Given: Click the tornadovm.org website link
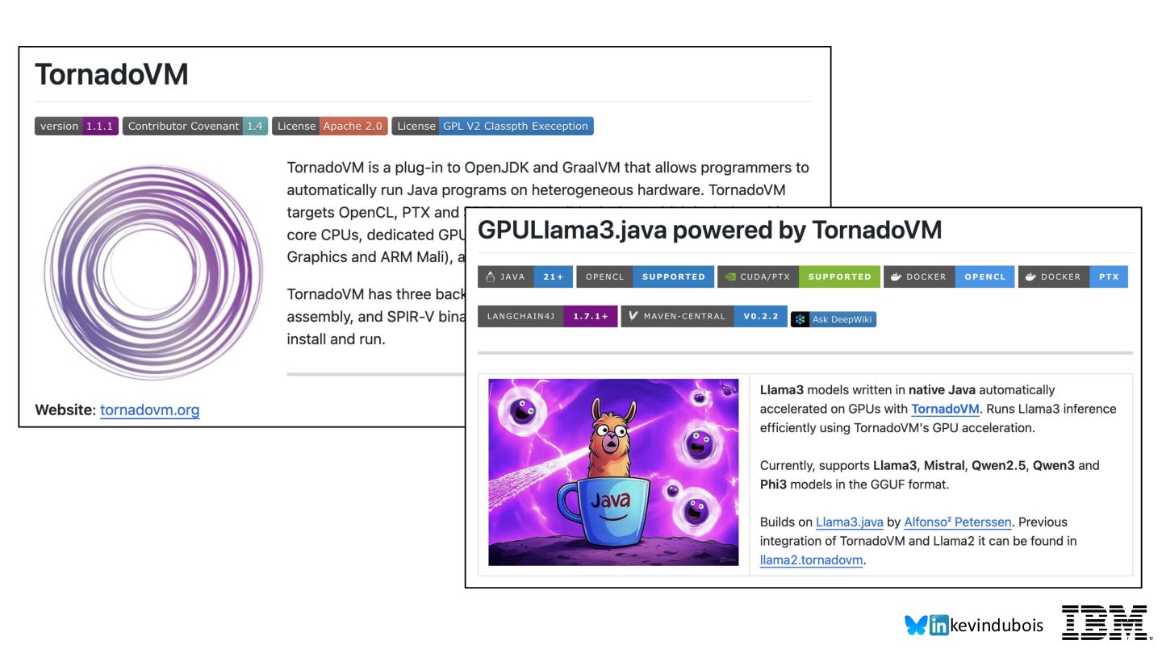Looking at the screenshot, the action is [149, 410].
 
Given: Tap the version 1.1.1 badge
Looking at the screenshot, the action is [77, 126].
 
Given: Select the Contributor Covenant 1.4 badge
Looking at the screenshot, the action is [194, 126].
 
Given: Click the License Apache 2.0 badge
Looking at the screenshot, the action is [329, 126].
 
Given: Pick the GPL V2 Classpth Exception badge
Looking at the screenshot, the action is [492, 126].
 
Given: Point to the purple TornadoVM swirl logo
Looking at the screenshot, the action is [153, 272].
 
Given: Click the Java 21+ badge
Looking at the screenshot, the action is [525, 277].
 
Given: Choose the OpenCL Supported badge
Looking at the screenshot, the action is [645, 277].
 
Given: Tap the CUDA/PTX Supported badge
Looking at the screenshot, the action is [799, 277].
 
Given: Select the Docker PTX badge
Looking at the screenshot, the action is [1072, 277].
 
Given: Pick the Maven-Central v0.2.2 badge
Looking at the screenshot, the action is [703, 316].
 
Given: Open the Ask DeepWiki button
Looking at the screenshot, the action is [834, 319].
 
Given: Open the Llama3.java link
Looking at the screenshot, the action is [849, 522].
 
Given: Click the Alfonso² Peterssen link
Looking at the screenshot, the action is [957, 522].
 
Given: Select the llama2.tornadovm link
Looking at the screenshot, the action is [811, 560].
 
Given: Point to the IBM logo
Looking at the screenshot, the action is [1103, 623].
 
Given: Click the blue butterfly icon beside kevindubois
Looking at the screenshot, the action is [916, 625].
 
